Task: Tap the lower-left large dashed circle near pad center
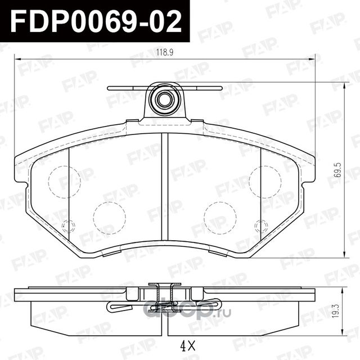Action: click(109, 217)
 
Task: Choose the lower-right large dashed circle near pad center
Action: click(220, 217)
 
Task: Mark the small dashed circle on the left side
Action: click(68, 226)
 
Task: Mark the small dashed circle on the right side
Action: click(260, 226)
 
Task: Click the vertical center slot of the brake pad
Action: click(165, 191)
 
